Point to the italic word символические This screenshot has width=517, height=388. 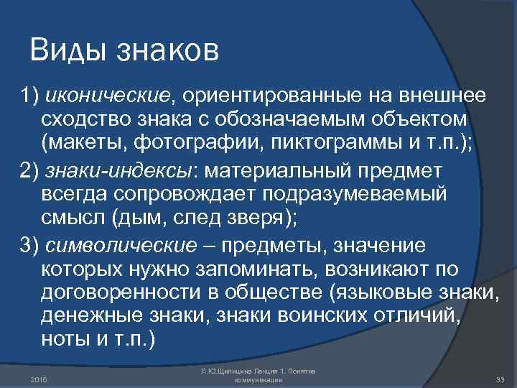tap(120, 245)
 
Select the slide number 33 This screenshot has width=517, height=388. tap(501, 379)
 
